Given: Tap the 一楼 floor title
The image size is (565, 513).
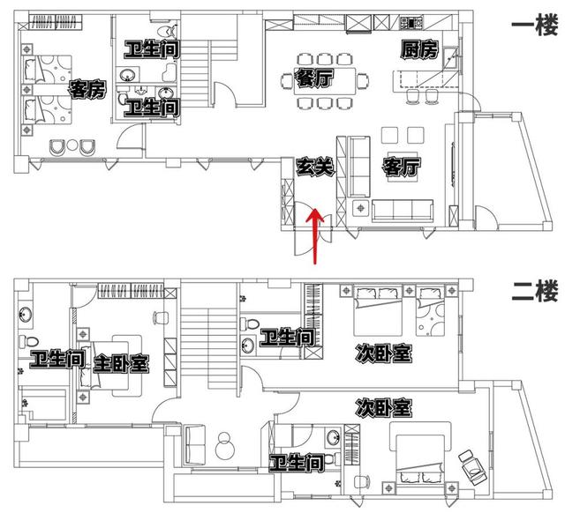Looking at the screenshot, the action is point(534,25).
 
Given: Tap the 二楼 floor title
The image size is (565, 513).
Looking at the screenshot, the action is point(534,291).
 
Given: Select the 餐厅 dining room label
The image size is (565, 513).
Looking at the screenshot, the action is point(314,78).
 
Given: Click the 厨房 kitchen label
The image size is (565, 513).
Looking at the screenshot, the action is point(419,49).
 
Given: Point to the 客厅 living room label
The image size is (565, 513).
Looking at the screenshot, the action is point(402,167).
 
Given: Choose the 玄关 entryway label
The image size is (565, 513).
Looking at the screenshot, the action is point(315,167).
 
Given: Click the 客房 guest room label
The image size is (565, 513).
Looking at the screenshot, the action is point(87,89).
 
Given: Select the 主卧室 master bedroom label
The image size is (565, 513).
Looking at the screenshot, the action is point(121,364).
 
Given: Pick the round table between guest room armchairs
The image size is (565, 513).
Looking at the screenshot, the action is point(72,145).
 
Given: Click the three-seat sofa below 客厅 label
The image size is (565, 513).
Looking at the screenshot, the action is point(403,211).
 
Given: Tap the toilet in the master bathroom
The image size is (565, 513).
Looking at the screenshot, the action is point(28,341).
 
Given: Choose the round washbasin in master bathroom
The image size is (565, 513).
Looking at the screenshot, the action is point(26,316).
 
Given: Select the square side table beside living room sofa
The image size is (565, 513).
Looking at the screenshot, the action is point(360,208).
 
